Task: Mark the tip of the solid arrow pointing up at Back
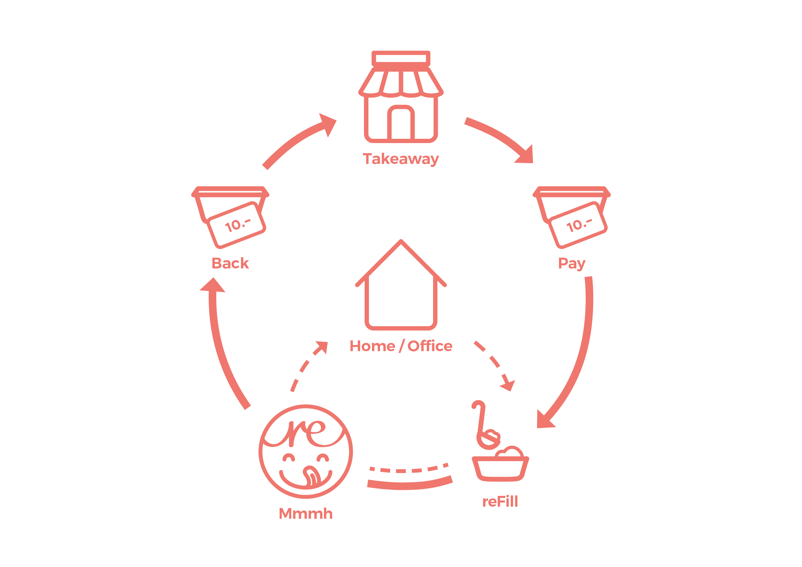(214, 278)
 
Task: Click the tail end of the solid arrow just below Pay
(588, 277)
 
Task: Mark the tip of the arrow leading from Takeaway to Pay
(533, 163)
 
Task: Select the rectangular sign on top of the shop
(401, 58)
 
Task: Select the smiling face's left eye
(289, 457)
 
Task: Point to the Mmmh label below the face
(306, 514)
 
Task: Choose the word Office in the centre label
(430, 346)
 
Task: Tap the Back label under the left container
(230, 263)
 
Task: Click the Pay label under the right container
(572, 264)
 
